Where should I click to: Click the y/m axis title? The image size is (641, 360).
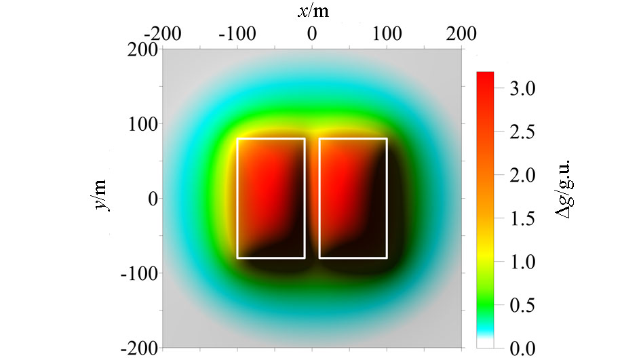point(101,195)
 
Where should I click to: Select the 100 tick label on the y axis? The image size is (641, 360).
point(145,124)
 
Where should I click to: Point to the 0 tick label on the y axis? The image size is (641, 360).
point(152,199)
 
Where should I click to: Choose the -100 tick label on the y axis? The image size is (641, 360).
point(140,273)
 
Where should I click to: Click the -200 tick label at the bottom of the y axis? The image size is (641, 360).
point(140,348)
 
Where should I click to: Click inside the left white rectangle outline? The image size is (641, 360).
point(271,198)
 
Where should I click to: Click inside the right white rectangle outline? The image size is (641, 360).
point(353,198)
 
